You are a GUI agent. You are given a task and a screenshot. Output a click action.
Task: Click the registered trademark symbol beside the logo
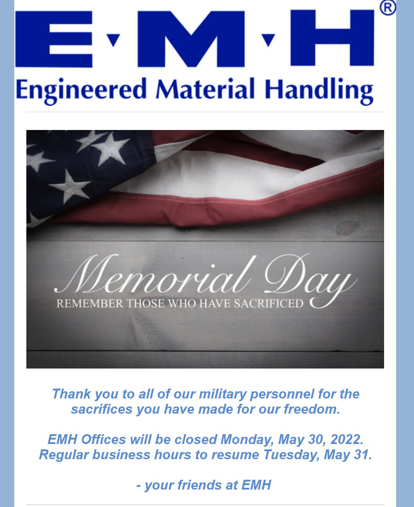click(388, 8)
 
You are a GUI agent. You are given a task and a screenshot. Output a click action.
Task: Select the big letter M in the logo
click(190, 38)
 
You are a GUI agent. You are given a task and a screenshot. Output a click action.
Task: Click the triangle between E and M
click(114, 40)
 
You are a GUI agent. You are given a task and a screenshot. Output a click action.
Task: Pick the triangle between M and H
click(268, 40)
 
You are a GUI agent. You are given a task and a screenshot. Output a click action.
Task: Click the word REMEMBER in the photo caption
click(90, 304)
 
